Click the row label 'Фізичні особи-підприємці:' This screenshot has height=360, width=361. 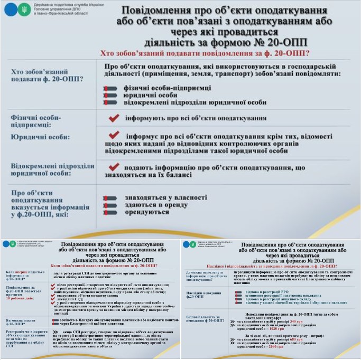point(36,120)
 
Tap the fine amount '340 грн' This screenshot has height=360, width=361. point(297,321)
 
